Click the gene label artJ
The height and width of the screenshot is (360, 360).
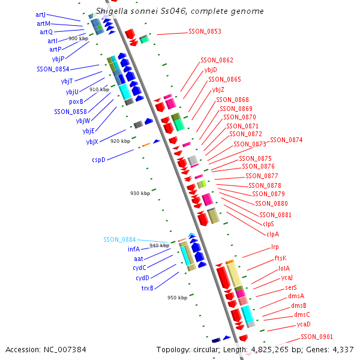point(41,14)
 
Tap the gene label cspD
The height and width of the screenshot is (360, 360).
point(98,160)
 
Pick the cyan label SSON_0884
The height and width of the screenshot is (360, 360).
point(119,239)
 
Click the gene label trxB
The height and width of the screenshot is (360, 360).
point(147,287)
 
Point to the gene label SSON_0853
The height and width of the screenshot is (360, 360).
point(205,31)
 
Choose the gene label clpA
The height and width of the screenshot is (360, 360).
point(272,233)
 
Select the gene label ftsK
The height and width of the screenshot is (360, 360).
point(281,258)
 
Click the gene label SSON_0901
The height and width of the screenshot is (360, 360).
point(317,337)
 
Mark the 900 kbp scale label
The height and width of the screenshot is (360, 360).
point(78,38)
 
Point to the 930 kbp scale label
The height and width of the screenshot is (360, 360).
point(140,193)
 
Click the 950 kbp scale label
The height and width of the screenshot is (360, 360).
point(177,298)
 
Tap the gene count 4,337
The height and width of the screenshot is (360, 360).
point(341,349)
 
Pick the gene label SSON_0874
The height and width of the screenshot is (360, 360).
point(286,140)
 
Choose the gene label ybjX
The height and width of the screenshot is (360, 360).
point(92,142)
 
